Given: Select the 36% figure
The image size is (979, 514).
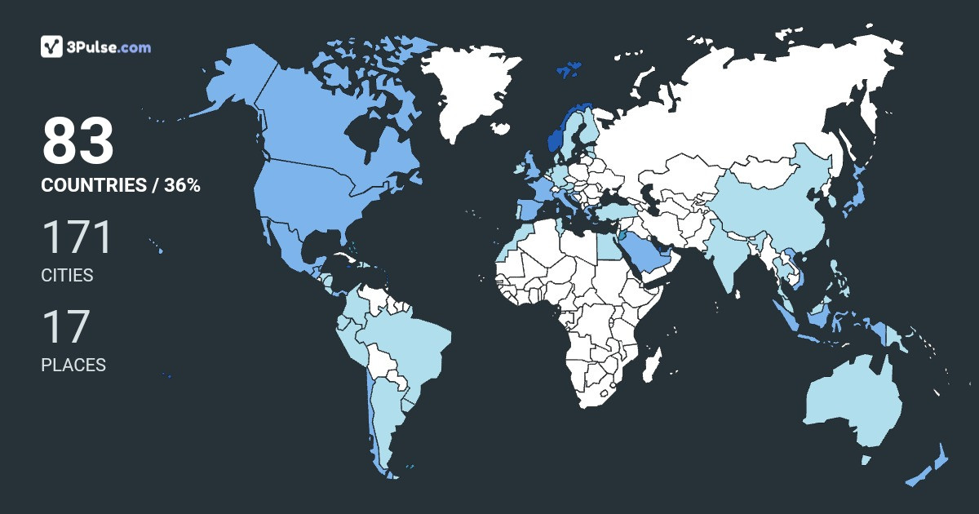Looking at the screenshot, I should [182, 185].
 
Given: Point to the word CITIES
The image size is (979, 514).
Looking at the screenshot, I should [67, 276].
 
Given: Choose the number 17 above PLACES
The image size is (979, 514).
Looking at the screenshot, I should [65, 327].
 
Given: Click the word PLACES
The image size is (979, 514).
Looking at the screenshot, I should [73, 366].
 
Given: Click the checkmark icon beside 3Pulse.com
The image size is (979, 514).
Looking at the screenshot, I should [52, 47].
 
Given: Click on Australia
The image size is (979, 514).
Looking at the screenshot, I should [853, 404].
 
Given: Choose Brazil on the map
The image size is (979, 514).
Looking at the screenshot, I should [408, 343].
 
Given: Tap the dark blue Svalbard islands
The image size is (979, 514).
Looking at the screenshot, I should [569, 69].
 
